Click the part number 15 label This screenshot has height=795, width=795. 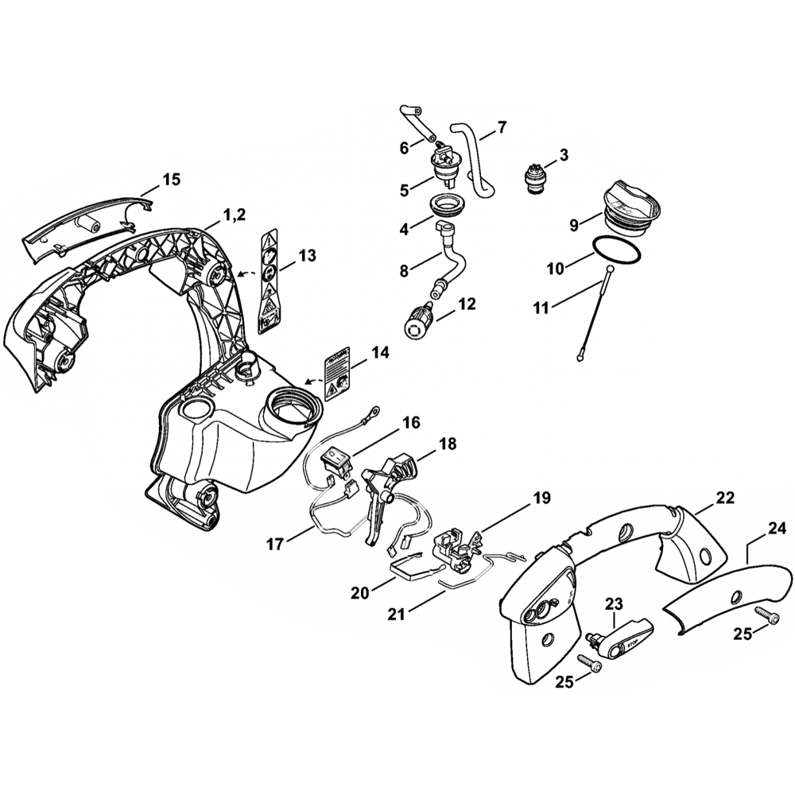tap(171, 179)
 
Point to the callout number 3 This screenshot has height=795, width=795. tap(563, 154)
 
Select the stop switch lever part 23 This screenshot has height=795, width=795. tap(622, 638)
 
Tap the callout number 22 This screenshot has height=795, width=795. tap(725, 498)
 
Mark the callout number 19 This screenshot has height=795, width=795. tap(541, 499)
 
